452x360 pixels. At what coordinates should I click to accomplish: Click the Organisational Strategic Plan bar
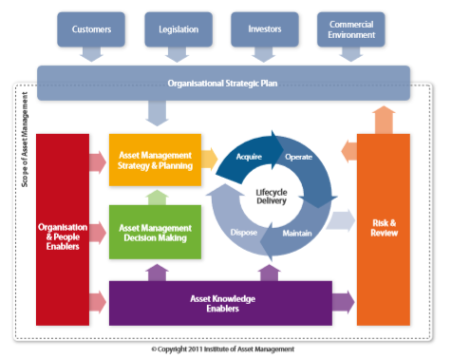[223, 83]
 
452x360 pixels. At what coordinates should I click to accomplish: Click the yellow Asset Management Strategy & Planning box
[156, 161]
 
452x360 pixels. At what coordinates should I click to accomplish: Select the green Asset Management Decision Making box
[156, 234]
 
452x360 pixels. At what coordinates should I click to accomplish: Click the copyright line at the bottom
[223, 350]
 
